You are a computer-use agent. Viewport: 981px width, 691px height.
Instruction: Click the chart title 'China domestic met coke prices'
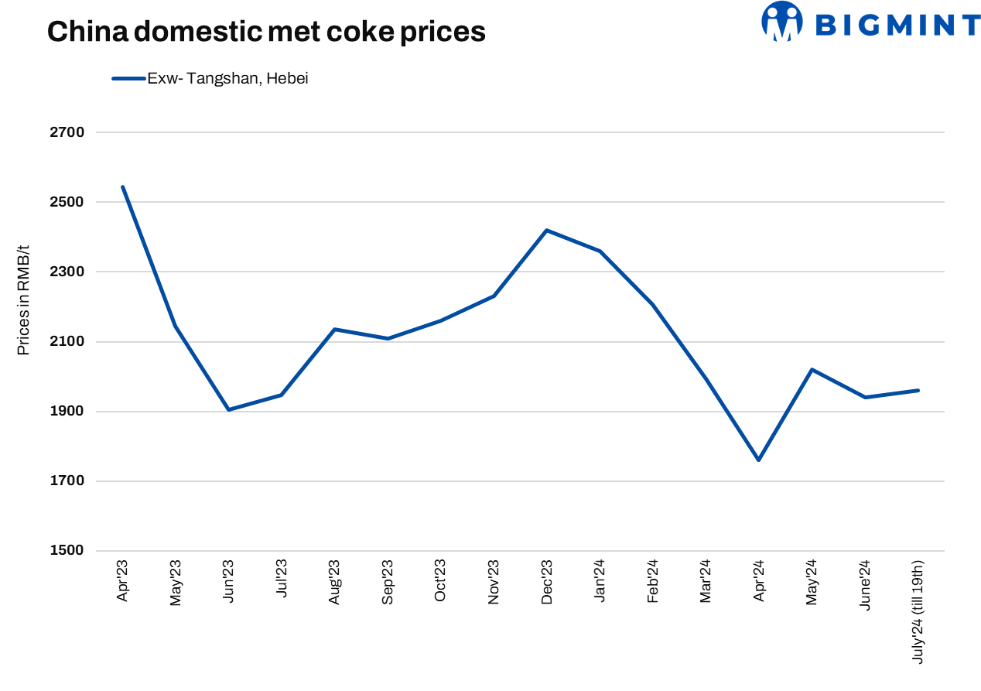266,31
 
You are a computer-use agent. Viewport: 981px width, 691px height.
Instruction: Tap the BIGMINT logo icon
781,22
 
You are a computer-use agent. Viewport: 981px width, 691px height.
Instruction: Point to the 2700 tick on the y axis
68,132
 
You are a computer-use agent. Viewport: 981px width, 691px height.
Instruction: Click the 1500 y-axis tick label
68,551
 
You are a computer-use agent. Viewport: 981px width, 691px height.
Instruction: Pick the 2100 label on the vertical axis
68,342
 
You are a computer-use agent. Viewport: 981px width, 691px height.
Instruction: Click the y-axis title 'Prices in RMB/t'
23,300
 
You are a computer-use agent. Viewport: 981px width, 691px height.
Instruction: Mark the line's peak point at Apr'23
123,187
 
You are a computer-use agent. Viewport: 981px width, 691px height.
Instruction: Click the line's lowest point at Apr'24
759,460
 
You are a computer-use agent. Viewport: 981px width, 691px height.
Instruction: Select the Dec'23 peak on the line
546,230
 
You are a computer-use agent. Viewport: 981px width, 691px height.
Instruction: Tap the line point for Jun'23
228,409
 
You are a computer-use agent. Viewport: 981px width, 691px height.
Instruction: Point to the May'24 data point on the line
812,369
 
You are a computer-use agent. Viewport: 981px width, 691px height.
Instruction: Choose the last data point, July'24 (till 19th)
918,390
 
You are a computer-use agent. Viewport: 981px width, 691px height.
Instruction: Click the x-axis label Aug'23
334,581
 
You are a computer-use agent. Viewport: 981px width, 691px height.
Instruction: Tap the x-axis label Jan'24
600,581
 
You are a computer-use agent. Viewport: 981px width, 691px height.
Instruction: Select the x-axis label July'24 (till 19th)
918,611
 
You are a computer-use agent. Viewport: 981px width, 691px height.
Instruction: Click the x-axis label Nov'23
494,581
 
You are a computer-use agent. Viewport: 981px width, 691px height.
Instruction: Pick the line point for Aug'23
334,329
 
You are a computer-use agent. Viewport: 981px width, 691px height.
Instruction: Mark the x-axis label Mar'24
706,581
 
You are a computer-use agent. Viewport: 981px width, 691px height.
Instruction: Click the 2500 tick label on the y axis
68,202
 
